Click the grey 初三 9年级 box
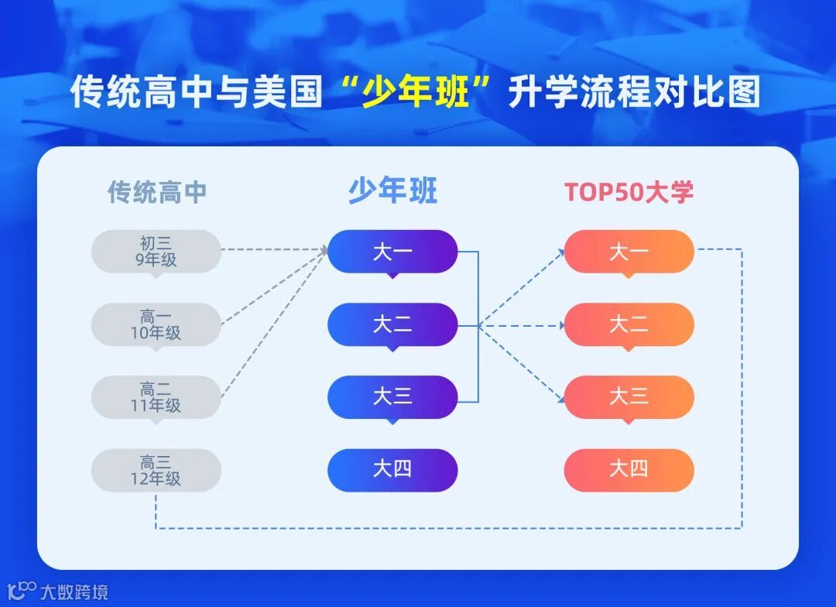click(156, 252)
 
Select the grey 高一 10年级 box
click(156, 325)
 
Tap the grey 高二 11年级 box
click(156, 397)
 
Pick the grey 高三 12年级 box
click(156, 470)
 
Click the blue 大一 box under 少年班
click(392, 252)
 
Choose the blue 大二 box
click(392, 325)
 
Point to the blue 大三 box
click(392, 397)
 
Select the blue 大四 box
click(392, 470)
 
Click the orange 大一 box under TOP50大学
click(629, 252)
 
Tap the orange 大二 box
click(629, 325)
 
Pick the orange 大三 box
click(629, 397)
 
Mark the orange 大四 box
click(629, 470)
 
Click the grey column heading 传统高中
click(156, 192)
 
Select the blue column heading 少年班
click(393, 190)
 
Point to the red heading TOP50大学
click(629, 192)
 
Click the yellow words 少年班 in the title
click(415, 91)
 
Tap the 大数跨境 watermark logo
click(57, 591)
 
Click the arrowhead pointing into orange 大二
click(561, 325)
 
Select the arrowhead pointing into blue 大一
click(324, 249)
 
